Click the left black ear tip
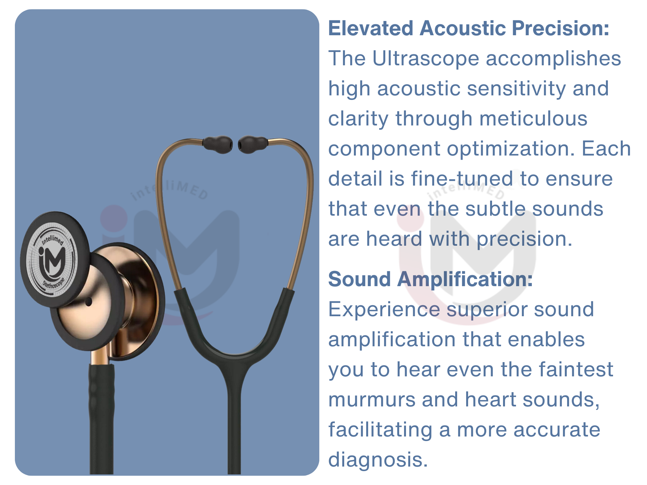coord(217,145)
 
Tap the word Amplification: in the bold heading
coord(465,279)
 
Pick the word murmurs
coord(372,400)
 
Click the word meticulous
coord(533,119)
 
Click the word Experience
coord(384,309)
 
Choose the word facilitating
coord(380,430)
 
